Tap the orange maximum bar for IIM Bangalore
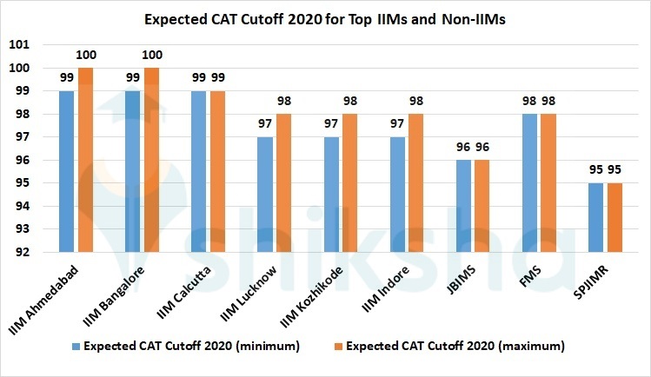pos(152,160)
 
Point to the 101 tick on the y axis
pos(43,45)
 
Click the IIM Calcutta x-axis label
pos(188,285)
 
